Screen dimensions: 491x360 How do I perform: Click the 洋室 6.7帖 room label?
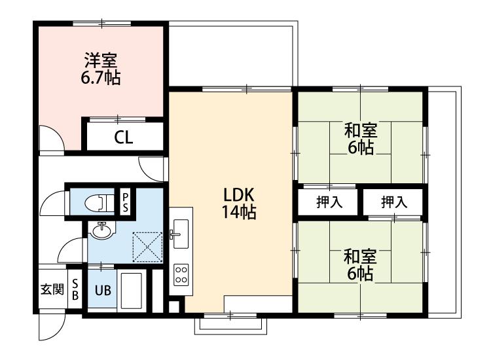coord(101,69)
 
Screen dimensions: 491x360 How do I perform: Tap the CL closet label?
coord(123,137)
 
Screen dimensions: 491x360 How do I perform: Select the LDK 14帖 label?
coord(239,204)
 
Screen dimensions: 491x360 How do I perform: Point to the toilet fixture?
coord(100,202)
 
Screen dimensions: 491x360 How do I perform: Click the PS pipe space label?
coord(125,202)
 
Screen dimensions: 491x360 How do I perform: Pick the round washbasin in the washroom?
coord(101,230)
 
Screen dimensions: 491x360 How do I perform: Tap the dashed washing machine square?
coord(147,247)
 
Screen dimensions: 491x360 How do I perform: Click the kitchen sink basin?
coord(181,234)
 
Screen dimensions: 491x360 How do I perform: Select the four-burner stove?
coord(181,274)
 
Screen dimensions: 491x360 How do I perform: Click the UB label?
coord(103,291)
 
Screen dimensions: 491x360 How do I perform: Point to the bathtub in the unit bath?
coord(132,291)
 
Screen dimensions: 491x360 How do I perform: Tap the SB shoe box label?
coord(75,289)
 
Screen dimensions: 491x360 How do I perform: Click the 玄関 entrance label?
coord(52,289)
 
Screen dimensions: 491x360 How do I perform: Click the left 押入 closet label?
coord(329,202)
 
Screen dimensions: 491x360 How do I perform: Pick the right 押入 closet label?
coord(394,202)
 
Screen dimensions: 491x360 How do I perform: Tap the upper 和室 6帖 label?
coord(361,139)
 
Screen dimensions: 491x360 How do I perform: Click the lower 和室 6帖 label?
coord(360,265)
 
